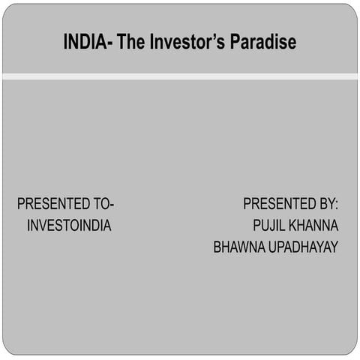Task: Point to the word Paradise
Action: coord(263,43)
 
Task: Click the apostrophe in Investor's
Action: coord(217,37)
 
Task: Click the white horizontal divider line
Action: coord(180,76)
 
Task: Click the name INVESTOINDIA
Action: coord(69,225)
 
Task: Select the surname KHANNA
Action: coord(314,225)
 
